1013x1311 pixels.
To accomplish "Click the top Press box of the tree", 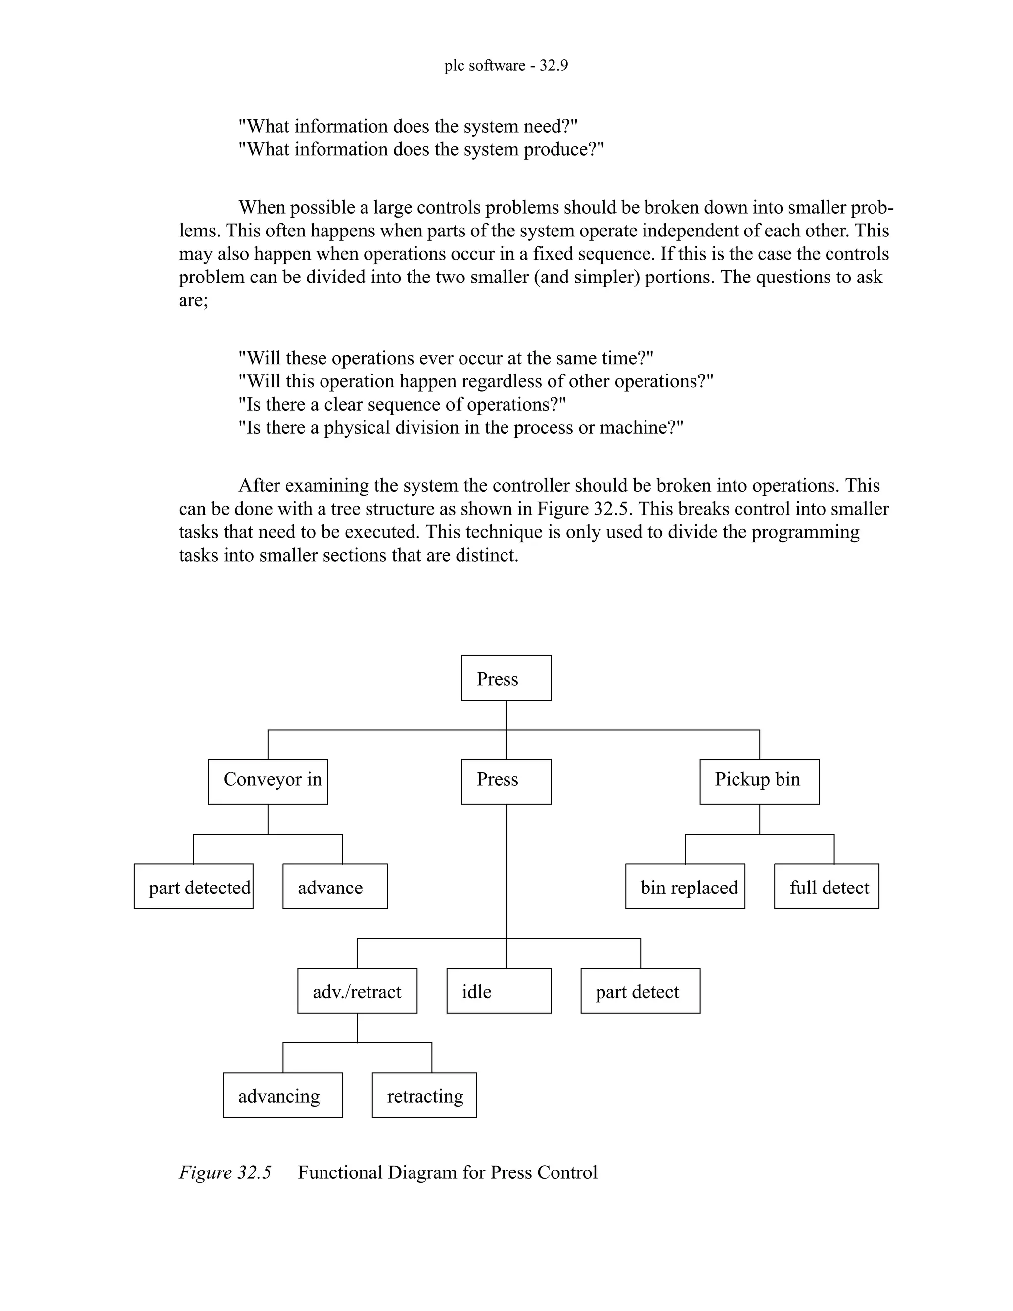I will [506, 678].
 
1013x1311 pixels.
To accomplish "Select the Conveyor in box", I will [268, 782].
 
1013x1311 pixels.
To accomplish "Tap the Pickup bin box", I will [759, 782].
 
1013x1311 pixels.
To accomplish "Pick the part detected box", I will [193, 886].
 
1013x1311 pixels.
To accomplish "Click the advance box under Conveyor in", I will [335, 886].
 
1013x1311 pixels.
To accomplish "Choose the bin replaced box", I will [685, 886].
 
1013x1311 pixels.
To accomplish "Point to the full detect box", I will [827, 886].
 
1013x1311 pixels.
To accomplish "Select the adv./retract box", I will [357, 990].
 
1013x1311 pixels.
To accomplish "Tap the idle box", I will [499, 990].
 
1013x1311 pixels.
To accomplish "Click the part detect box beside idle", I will [641, 990].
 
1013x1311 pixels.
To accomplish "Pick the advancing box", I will [282, 1095].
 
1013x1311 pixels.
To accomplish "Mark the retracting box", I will [424, 1095].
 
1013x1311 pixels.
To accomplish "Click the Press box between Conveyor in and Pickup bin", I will [506, 782].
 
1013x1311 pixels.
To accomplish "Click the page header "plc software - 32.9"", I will [506, 65].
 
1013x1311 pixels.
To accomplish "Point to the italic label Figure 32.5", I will [225, 1172].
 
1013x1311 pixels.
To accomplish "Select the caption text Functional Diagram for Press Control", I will [448, 1172].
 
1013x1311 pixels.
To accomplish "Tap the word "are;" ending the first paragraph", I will [193, 300].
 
